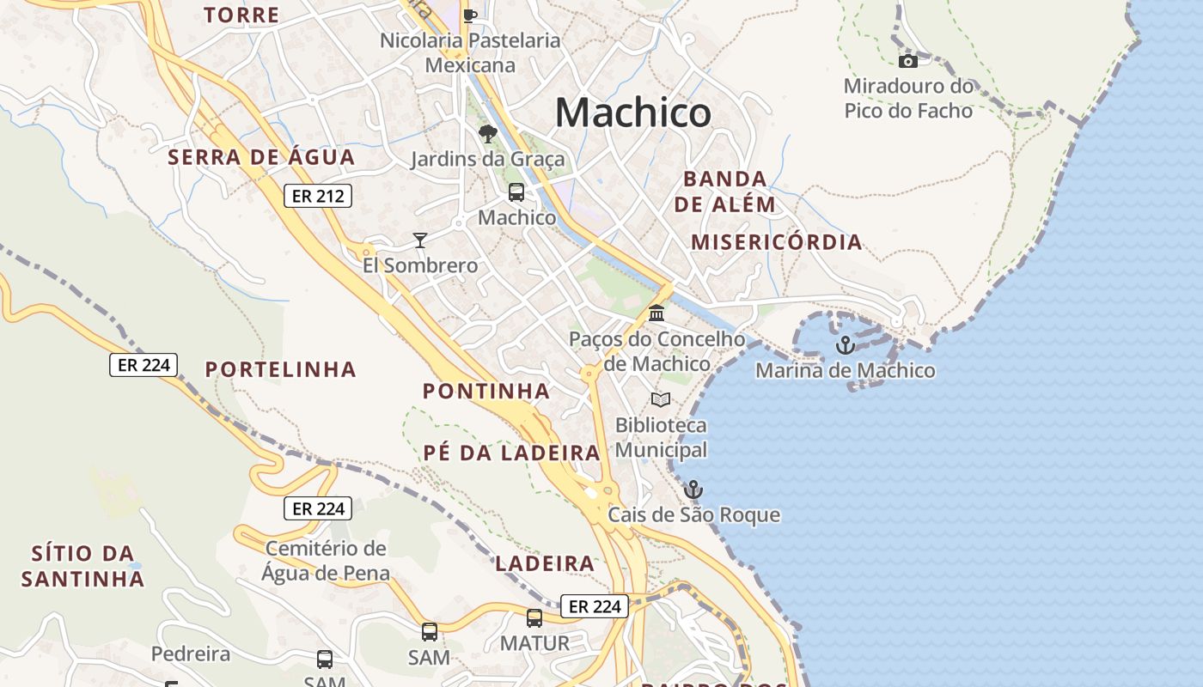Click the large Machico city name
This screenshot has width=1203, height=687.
632,112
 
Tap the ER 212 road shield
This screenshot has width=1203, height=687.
318,196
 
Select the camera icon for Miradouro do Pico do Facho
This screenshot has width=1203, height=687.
908,61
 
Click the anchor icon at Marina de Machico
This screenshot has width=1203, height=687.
846,345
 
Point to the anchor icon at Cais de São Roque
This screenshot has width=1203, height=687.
693,489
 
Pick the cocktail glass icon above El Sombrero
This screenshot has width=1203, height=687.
420,240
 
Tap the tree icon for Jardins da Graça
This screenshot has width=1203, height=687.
488,134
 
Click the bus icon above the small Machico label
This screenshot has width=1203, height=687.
516,192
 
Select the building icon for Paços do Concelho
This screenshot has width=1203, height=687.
657,313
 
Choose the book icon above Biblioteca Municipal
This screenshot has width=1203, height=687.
660,399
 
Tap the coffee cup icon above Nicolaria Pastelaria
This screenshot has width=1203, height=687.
469,15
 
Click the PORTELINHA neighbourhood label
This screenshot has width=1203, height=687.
280,369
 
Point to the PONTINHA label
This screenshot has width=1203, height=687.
485,391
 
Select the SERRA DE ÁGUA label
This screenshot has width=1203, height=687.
261,157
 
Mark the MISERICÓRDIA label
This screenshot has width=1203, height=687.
777,241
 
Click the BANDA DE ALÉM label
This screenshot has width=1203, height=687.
724,192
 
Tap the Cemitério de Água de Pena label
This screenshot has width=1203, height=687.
326,560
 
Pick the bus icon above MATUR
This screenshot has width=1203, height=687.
534,618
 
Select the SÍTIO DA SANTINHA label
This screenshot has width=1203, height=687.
82,566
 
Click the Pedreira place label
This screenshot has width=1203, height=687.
191,654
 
